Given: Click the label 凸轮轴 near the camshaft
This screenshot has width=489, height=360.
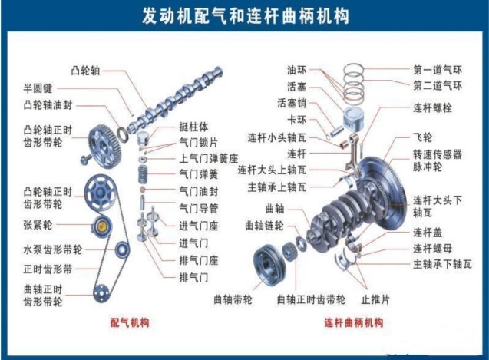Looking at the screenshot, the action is [x=85, y=71].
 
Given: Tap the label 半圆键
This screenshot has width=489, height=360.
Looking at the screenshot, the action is [x=38, y=88].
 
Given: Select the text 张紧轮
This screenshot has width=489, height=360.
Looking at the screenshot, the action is [x=38, y=225].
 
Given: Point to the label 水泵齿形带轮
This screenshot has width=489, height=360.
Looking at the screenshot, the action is [x=53, y=250].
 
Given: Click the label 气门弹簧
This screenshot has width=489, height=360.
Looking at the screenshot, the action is [x=199, y=174].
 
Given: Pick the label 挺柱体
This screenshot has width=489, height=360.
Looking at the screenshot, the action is [x=193, y=127].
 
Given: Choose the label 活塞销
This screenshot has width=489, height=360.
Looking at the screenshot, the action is [x=292, y=103].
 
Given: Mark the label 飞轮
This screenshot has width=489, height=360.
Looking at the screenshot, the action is [x=422, y=137].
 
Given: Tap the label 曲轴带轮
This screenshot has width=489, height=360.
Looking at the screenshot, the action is [x=233, y=300].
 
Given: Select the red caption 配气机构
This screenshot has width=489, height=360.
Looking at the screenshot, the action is [x=130, y=322].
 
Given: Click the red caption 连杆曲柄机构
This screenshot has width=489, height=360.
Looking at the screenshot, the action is [x=354, y=322].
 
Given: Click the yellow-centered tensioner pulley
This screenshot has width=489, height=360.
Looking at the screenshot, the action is [x=102, y=226].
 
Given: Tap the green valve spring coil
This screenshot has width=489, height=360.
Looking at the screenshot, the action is [x=143, y=174].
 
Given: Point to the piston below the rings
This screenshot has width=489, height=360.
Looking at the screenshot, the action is [x=353, y=119].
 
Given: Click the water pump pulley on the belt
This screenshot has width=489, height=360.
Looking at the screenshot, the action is [x=121, y=249].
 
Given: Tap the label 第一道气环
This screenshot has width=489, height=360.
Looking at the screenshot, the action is [x=438, y=70].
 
